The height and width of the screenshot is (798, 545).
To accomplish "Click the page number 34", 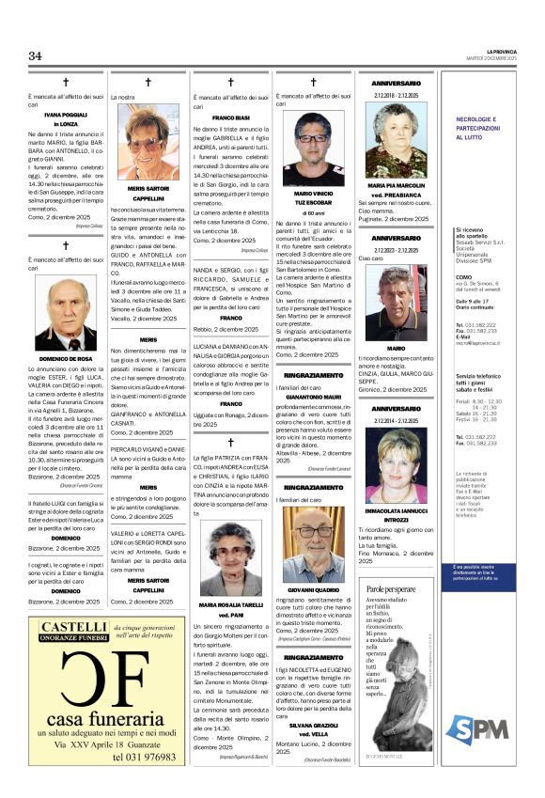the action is pyautogui.click(x=35, y=56).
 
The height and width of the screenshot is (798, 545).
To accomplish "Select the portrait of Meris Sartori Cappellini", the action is pyautogui.click(x=148, y=141).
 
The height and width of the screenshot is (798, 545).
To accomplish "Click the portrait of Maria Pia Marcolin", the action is pyautogui.click(x=396, y=139).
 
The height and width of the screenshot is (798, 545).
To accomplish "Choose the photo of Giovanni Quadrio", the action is pyautogui.click(x=313, y=546).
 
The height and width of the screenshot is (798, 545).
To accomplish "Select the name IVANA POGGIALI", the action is pyautogui.click(x=66, y=114).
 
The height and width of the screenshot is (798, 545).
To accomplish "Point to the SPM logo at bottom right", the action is pyautogui.click(x=490, y=728).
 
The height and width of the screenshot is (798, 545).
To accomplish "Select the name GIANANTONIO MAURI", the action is pyautogui.click(x=313, y=398).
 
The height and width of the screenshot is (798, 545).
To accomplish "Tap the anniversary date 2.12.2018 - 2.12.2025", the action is pyautogui.click(x=396, y=95).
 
